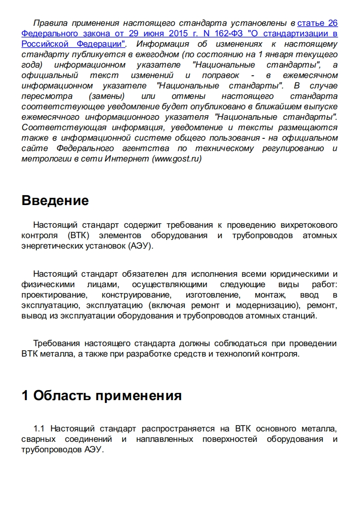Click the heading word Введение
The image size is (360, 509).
click(55, 201)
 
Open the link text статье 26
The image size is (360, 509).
click(317, 23)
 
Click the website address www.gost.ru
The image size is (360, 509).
click(177, 159)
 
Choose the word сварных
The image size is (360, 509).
click(39, 439)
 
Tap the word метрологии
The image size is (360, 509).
click(43, 159)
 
